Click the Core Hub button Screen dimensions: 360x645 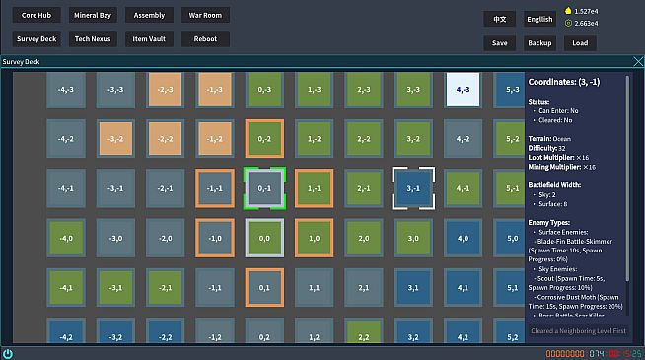36,16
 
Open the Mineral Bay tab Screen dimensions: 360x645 93,16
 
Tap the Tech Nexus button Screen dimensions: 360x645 93,39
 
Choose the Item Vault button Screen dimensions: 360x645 150,39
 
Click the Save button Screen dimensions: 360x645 500,43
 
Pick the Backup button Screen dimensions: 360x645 539,43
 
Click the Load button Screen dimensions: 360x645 580,43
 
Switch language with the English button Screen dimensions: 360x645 539,19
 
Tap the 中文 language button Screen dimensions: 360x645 500,19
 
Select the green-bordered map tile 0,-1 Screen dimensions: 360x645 264,187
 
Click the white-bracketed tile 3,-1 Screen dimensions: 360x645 413,187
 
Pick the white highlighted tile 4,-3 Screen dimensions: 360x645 463,89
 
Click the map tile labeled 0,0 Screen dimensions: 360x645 264,238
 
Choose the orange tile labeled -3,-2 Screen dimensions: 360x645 116,139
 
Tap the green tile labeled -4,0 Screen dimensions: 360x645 66,238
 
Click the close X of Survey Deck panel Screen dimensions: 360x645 637,62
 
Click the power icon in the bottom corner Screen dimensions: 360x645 8,353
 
